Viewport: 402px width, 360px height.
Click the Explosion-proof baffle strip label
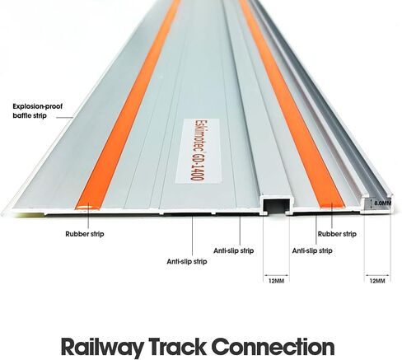[x=38, y=111]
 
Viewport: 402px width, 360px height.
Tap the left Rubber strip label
[x=85, y=234]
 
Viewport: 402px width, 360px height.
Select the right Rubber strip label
[x=337, y=234]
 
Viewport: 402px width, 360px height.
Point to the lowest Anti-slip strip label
[x=187, y=261]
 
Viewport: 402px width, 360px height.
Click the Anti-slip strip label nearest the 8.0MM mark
[x=312, y=250]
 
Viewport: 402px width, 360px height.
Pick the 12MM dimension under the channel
[x=276, y=281]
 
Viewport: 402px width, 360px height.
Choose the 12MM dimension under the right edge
[x=377, y=281]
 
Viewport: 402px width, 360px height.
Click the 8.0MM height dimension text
[x=383, y=203]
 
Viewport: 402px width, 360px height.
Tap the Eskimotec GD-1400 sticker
[x=199, y=151]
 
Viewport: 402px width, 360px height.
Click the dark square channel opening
[x=276, y=206]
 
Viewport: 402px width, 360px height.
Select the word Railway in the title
[x=101, y=348]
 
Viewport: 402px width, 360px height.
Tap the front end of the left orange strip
[x=87, y=208]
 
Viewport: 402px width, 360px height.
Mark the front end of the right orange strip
[x=332, y=205]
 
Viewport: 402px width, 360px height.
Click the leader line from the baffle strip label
[x=65, y=118]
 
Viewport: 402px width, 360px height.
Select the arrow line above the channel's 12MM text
[x=276, y=275]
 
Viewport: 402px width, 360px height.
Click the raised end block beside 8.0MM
[x=376, y=203]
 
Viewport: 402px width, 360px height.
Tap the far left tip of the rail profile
[x=2, y=213]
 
